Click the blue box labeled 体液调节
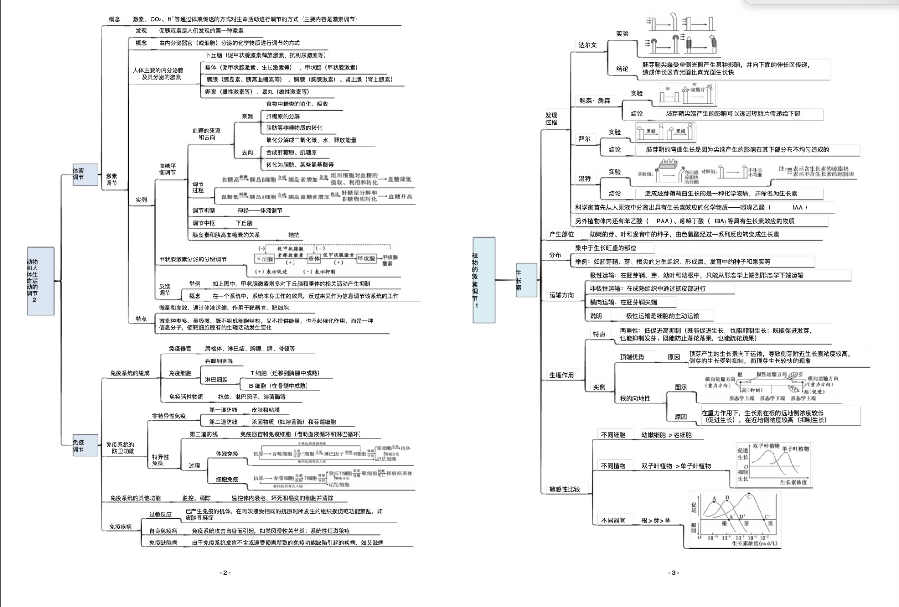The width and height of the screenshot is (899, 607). click(x=85, y=174)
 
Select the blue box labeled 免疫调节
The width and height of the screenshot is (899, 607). click(x=85, y=445)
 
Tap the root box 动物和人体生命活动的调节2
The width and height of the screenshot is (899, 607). click(x=40, y=281)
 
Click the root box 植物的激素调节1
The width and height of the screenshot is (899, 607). click(x=484, y=280)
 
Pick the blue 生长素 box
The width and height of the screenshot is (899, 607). click(x=526, y=280)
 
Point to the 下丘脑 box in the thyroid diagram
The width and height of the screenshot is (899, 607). click(x=264, y=259)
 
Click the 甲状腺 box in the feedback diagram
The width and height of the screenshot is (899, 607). click(x=366, y=258)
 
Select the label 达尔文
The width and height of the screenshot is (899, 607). click(x=587, y=45)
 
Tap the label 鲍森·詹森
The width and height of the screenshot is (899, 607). click(x=594, y=101)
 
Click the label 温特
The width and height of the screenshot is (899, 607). click(x=585, y=178)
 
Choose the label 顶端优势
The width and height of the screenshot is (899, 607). click(x=632, y=357)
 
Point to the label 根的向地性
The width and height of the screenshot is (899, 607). click(x=635, y=398)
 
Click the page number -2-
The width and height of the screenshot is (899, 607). click(x=225, y=572)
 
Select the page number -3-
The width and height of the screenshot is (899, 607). click(x=673, y=572)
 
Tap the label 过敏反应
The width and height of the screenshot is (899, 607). click(x=160, y=514)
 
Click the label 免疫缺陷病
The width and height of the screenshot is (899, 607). click(x=163, y=542)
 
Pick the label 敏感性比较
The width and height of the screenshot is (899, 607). click(x=565, y=489)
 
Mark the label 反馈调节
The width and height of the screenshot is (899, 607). click(x=165, y=289)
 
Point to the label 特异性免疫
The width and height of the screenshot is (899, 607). click(x=160, y=460)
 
